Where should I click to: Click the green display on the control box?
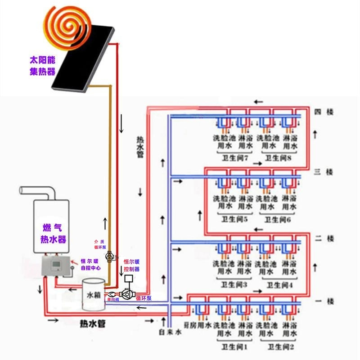(57, 265)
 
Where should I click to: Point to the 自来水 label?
(170, 333)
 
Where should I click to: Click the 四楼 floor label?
(324, 112)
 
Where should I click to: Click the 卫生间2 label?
(279, 347)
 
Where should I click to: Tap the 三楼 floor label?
(324, 172)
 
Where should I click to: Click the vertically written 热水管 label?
(140, 146)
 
